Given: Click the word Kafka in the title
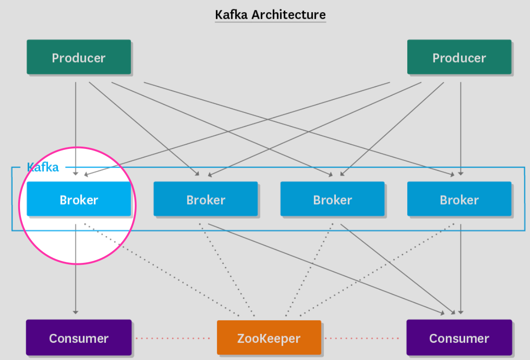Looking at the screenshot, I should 231,14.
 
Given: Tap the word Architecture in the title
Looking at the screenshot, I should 288,14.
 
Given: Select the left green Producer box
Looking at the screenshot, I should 78,57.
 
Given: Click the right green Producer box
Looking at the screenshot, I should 459,57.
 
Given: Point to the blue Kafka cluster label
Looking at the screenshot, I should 42,167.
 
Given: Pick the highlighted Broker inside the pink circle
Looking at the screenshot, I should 78,199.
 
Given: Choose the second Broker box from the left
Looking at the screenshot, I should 205,199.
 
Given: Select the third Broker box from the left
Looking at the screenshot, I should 332,199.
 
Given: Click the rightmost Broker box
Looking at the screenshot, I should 459,199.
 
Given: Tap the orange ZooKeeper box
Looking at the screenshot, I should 269,338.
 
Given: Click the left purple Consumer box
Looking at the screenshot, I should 78,338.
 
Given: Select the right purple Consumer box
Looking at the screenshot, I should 459,338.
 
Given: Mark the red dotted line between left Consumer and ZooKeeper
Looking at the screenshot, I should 173,338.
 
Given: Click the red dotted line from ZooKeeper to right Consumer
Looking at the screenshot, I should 362,338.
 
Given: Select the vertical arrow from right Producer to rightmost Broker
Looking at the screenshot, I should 461,126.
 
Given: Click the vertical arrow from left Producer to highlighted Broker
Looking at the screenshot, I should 76,126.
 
